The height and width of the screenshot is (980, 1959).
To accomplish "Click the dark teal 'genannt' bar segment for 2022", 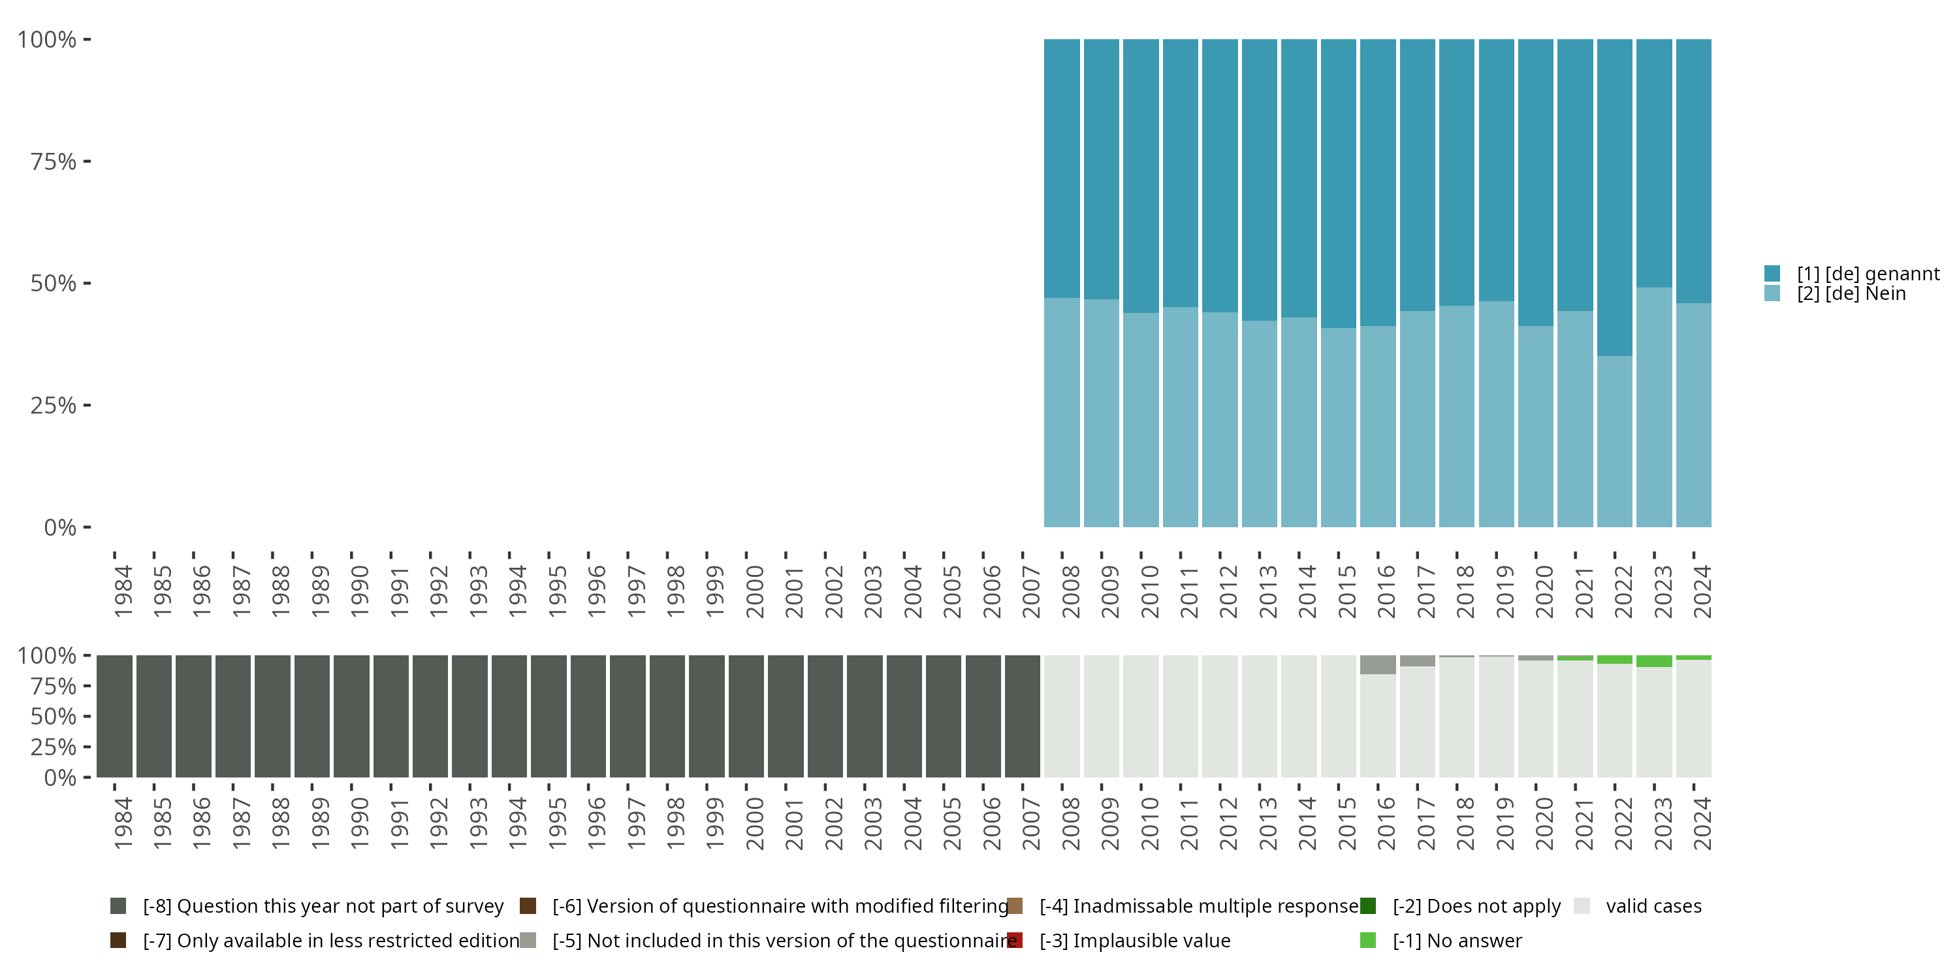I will (1614, 198).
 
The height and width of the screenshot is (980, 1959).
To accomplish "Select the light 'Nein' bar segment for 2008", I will (1062, 412).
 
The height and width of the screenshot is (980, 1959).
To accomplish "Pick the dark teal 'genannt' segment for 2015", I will (1339, 184).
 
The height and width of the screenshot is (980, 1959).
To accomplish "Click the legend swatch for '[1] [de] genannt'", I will (1772, 273).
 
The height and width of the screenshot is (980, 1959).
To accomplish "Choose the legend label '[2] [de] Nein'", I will (1851, 294).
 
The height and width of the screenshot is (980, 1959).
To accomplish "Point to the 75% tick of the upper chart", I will (87, 161).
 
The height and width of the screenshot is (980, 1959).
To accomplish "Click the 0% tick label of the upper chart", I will (60, 527).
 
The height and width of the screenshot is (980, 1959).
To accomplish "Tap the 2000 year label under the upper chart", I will (754, 591).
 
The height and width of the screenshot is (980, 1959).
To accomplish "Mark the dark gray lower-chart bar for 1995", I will (549, 716).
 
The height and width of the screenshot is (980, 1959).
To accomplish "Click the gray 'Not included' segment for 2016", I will (1378, 664).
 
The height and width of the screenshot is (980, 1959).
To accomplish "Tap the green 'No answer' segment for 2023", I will (1654, 661).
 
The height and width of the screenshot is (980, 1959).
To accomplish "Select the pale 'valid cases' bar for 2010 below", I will (1141, 716).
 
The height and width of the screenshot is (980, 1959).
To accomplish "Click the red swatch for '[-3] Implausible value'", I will (1015, 940).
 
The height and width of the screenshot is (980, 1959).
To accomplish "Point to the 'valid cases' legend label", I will (1653, 906).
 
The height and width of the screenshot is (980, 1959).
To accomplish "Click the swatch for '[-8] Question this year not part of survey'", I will (118, 906).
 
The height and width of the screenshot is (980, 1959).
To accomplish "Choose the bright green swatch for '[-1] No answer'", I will (1368, 940).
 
